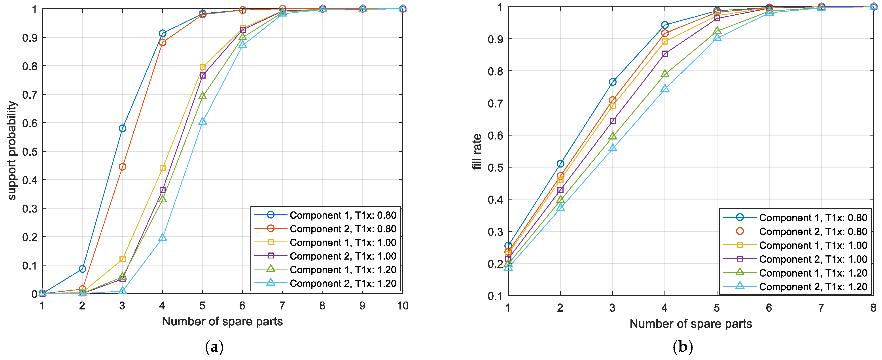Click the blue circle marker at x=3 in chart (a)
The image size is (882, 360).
pyautogui.click(x=122, y=128)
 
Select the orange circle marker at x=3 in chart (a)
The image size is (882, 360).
pyautogui.click(x=122, y=167)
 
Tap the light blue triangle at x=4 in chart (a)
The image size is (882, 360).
pyautogui.click(x=163, y=237)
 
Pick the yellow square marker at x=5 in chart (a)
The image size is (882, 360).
pyautogui.click(x=202, y=67)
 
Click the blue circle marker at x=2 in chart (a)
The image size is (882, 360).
pyautogui.click(x=82, y=269)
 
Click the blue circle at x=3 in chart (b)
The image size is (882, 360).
pyautogui.click(x=613, y=82)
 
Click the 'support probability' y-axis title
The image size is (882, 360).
pyautogui.click(x=12, y=151)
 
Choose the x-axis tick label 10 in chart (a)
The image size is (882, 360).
pyautogui.click(x=402, y=305)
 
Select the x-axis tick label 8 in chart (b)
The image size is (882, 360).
pyautogui.click(x=873, y=308)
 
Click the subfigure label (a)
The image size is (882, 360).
pyautogui.click(x=214, y=347)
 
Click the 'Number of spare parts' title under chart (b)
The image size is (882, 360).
pyautogui.click(x=691, y=324)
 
